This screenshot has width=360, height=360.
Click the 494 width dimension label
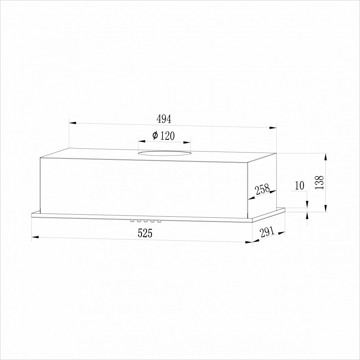[164, 119]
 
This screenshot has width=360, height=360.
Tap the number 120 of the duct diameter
[167, 136]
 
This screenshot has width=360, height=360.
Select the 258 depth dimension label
[262, 189]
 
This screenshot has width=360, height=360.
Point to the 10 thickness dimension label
[299, 185]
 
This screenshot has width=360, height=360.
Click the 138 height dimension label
[320, 182]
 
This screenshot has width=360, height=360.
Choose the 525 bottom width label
[145, 233]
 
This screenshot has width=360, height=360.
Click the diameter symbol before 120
[155, 135]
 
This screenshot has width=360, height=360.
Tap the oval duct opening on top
[164, 153]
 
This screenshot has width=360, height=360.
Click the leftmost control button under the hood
[132, 221]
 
